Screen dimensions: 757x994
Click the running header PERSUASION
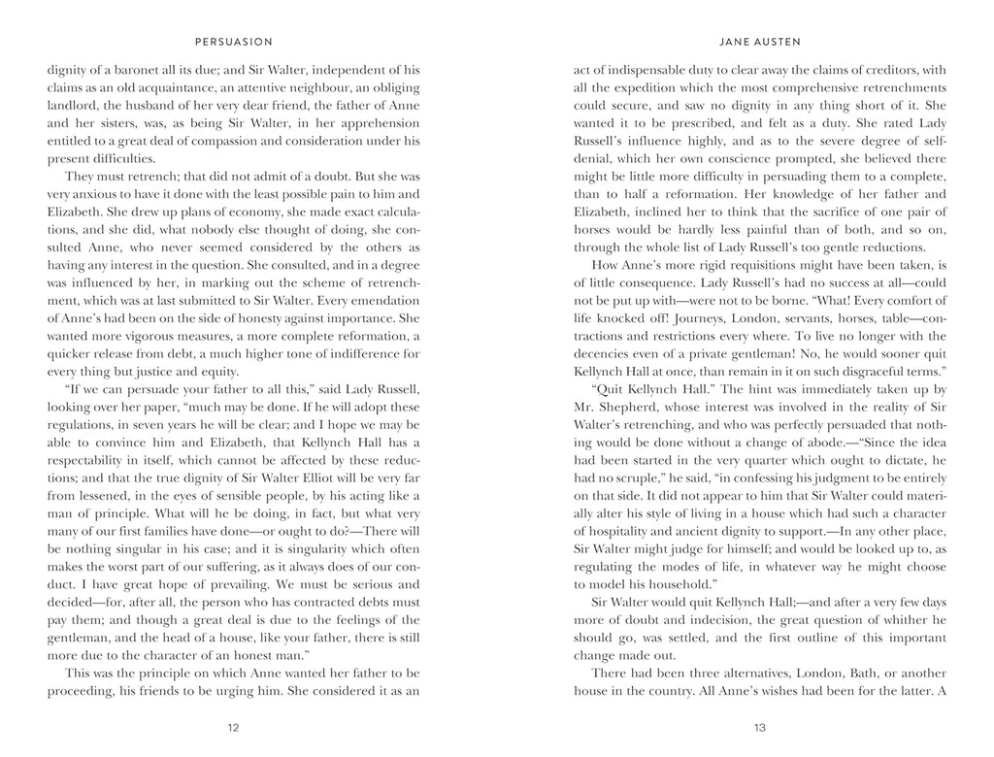tap(233, 42)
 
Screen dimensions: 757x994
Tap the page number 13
tap(760, 727)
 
